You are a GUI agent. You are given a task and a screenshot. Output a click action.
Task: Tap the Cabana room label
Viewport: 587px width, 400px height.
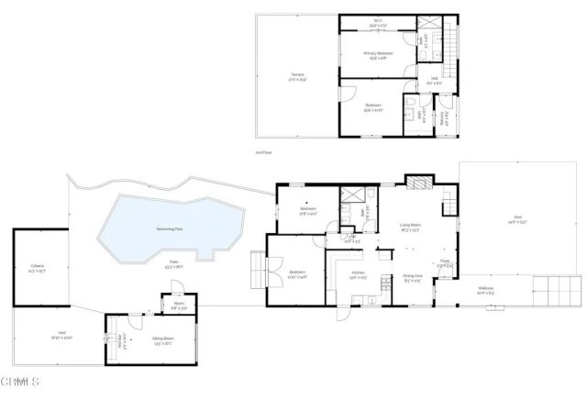(x=38, y=268)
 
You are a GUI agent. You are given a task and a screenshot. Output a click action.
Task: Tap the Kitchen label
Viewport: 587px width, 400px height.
(x=359, y=277)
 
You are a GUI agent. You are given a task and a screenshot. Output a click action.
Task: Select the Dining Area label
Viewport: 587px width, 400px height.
(x=412, y=277)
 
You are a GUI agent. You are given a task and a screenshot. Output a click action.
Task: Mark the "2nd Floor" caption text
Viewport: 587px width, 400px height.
(x=263, y=152)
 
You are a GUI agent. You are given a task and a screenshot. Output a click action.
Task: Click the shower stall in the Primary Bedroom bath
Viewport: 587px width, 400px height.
(x=428, y=24)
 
